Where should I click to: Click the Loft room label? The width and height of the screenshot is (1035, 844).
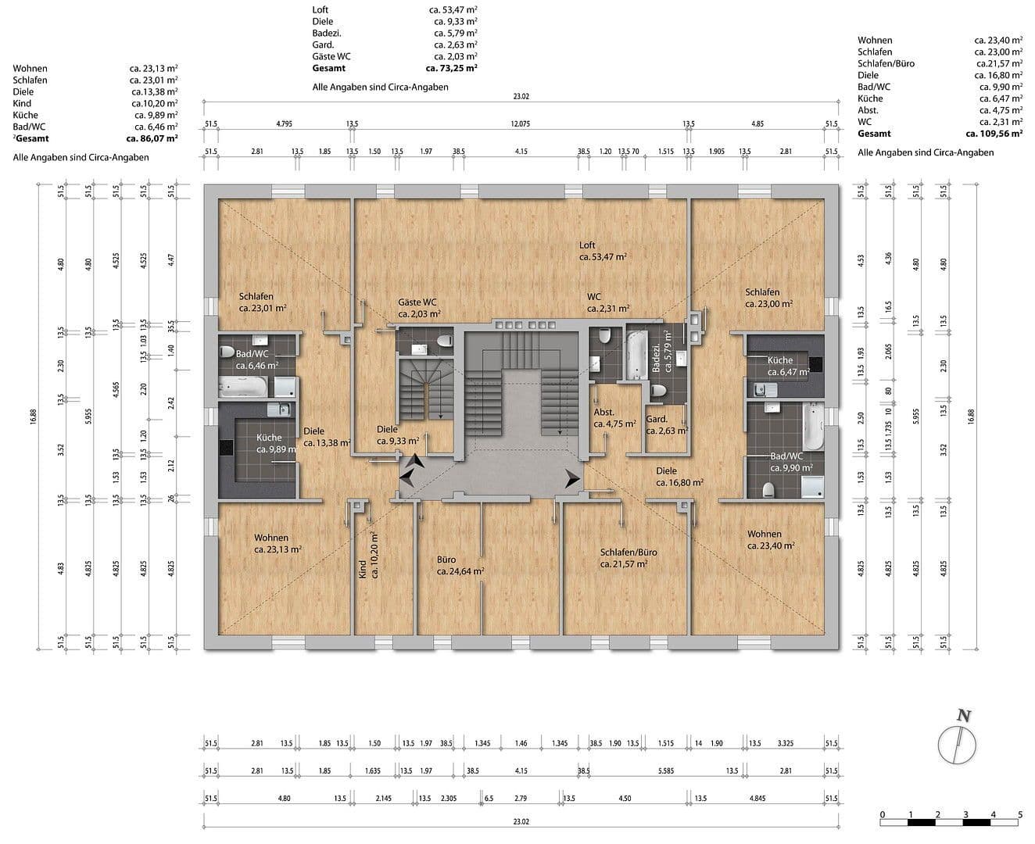(x=587, y=245)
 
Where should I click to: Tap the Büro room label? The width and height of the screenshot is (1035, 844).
(x=446, y=560)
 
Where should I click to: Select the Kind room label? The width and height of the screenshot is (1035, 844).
(x=362, y=568)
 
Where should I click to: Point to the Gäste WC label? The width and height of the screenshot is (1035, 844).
(x=417, y=302)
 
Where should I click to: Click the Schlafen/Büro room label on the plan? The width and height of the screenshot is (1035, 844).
(x=629, y=552)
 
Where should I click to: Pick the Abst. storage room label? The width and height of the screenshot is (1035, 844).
(x=604, y=412)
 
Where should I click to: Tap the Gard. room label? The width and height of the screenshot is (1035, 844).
(x=657, y=420)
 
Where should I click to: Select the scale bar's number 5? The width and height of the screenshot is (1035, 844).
(x=1019, y=814)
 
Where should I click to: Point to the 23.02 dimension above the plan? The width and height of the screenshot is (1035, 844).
(x=521, y=97)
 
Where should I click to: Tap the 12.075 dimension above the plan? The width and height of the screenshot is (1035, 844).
(x=520, y=123)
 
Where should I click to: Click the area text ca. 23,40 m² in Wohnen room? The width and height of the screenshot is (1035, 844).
(x=771, y=546)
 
